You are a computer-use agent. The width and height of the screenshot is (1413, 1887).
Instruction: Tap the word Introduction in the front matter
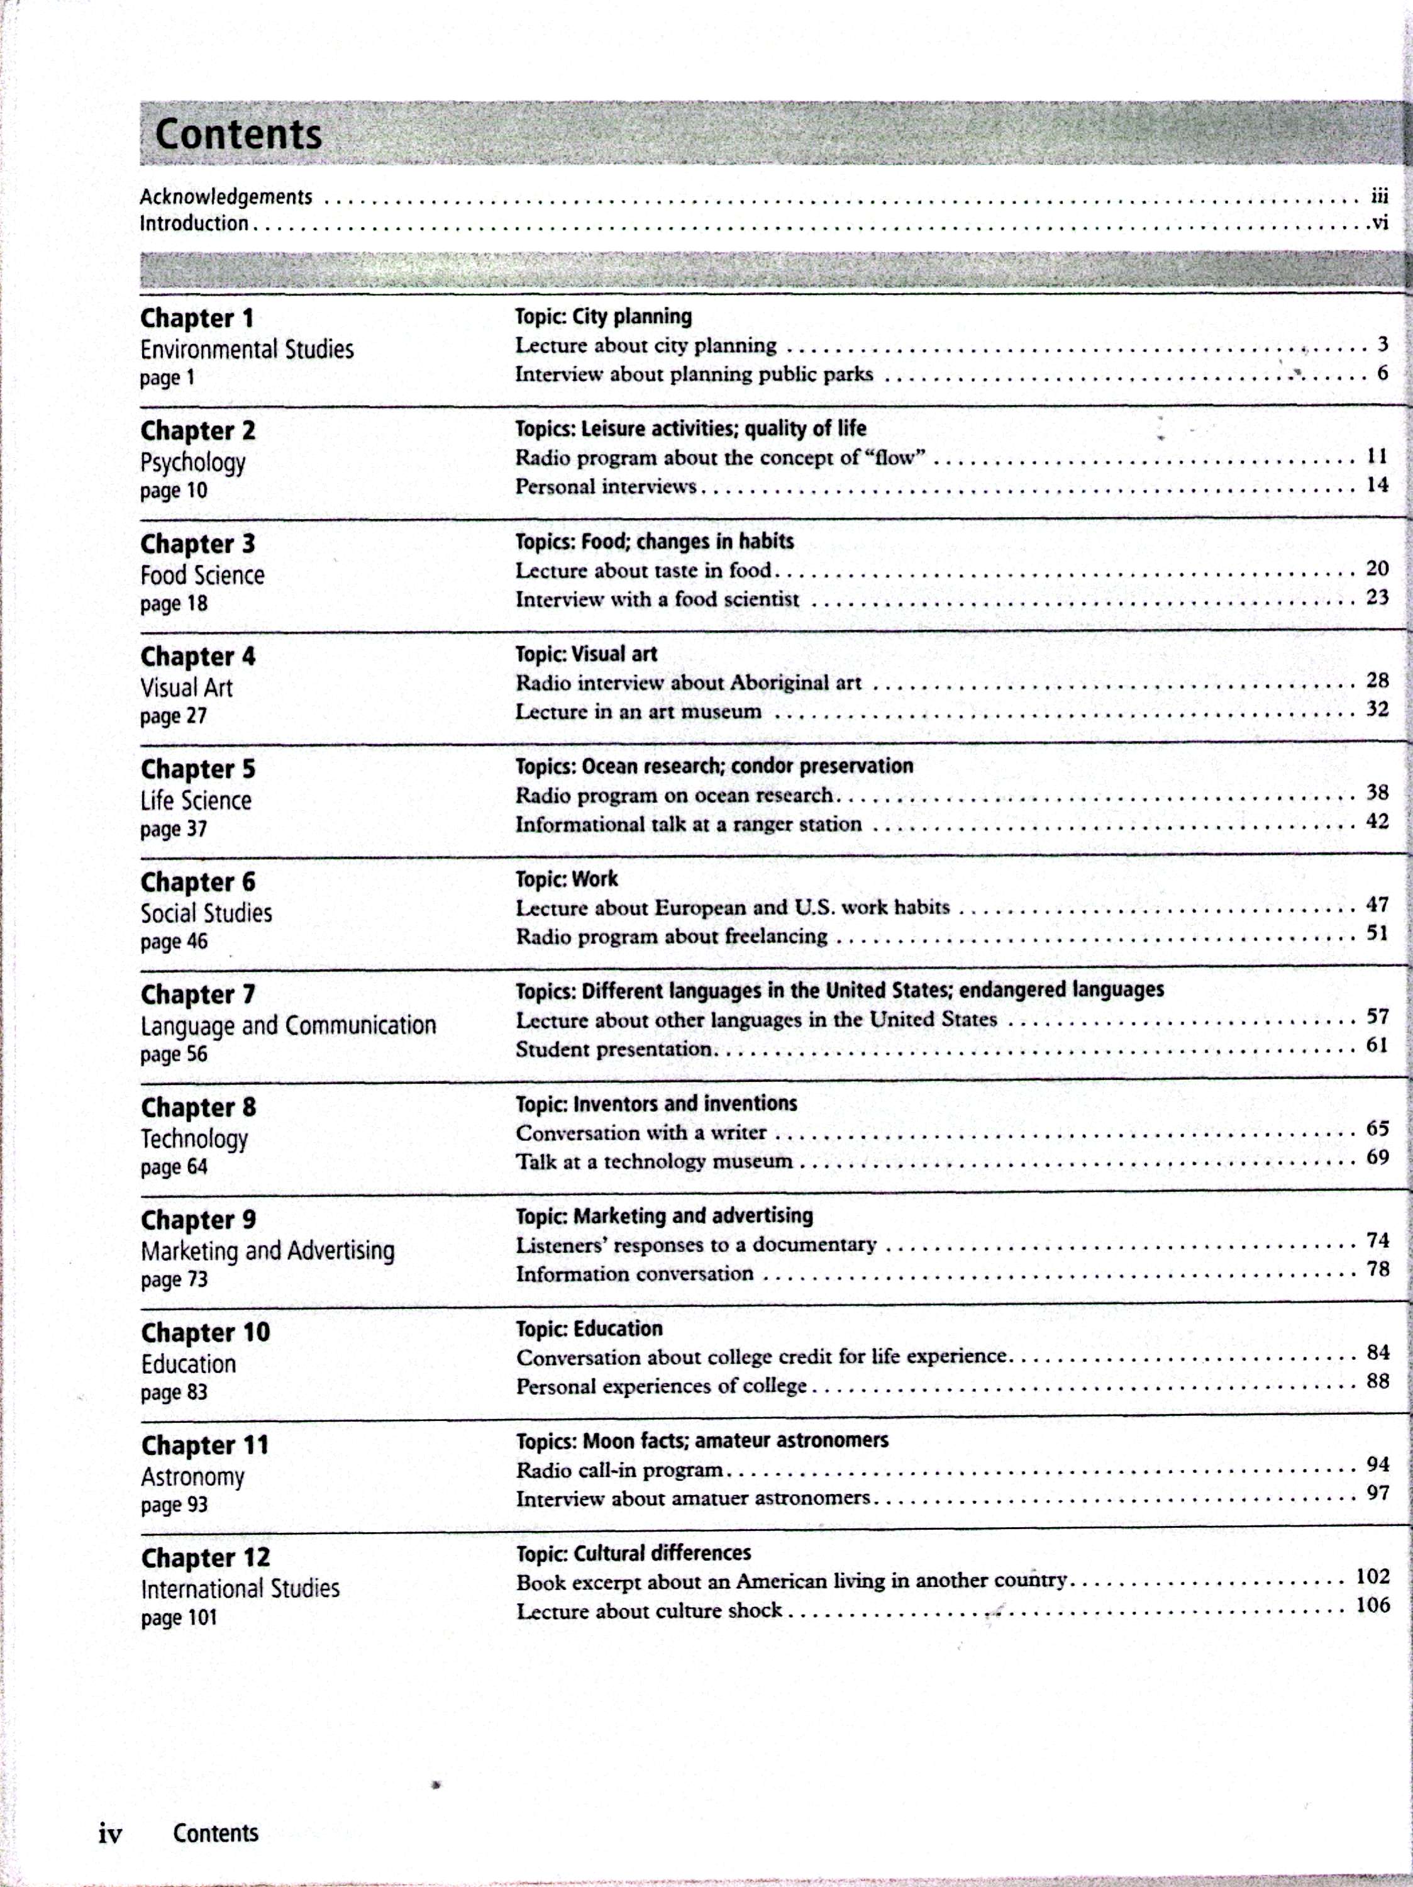click(194, 223)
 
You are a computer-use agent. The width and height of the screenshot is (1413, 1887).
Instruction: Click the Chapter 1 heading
click(197, 318)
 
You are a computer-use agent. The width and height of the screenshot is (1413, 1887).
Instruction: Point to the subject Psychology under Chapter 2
click(192, 462)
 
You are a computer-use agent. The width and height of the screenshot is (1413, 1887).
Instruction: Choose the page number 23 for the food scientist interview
click(1377, 597)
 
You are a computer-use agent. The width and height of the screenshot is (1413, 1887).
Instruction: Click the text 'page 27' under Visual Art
click(173, 716)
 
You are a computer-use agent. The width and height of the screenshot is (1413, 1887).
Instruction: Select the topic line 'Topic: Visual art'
click(586, 654)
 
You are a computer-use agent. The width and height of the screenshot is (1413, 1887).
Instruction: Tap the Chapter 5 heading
click(198, 769)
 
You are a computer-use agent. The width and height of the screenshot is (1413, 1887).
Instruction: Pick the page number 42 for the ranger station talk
click(1377, 821)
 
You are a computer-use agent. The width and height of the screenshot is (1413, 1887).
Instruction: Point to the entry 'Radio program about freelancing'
click(671, 937)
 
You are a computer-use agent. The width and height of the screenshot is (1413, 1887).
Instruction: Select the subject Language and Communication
click(288, 1025)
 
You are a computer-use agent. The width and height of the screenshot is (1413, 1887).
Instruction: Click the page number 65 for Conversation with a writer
click(1377, 1128)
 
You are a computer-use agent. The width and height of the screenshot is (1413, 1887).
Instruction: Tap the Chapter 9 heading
click(198, 1220)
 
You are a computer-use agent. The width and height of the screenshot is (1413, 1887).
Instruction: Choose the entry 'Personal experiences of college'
click(661, 1386)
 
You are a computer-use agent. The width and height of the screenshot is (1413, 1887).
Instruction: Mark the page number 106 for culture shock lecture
click(1373, 1605)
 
